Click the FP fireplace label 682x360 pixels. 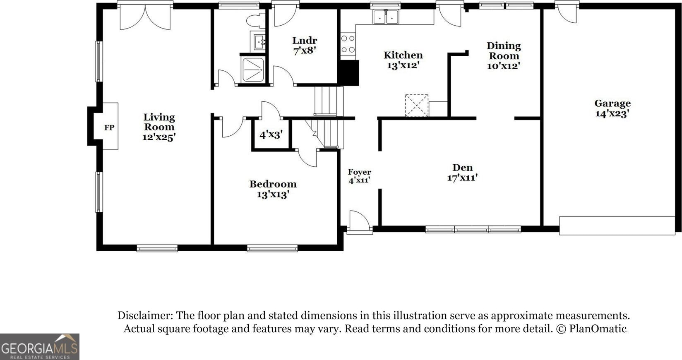(x=109, y=127)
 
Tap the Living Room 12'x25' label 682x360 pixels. (x=159, y=127)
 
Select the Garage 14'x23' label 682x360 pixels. (x=612, y=108)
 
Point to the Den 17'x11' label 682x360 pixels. (x=462, y=172)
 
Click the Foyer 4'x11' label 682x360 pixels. (x=359, y=176)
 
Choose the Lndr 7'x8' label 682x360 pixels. (x=305, y=46)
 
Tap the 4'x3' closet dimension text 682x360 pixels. (x=271, y=134)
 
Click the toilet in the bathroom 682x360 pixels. (x=255, y=21)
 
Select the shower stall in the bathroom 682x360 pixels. (x=253, y=70)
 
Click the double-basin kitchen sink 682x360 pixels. (x=386, y=17)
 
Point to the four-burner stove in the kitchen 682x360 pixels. (x=348, y=44)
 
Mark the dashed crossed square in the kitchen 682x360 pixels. (x=417, y=105)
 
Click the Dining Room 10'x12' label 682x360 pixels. (x=504, y=56)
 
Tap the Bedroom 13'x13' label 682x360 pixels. (x=273, y=189)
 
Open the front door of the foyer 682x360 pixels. (x=360, y=222)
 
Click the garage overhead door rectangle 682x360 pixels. (x=617, y=226)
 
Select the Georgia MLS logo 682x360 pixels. (x=40, y=347)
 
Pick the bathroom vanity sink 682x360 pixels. (x=258, y=41)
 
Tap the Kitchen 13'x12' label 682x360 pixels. (x=403, y=60)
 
